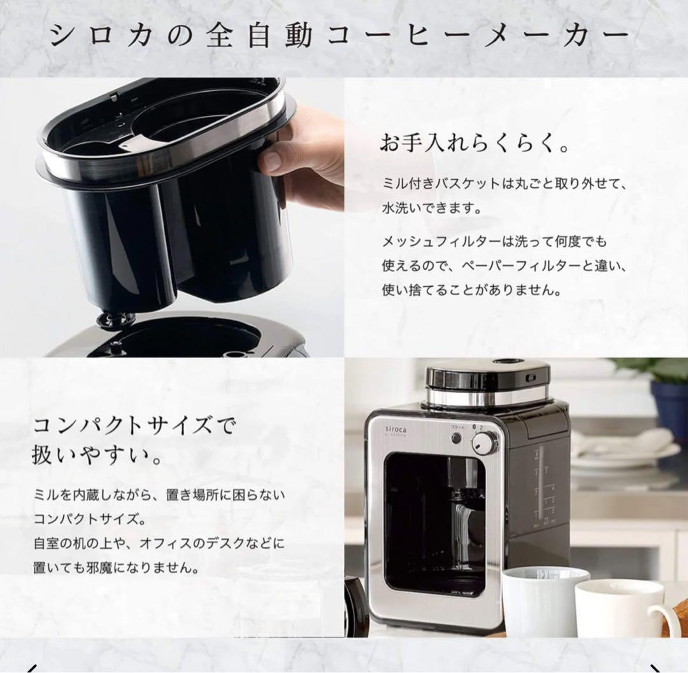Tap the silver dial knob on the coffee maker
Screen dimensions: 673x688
[x=486, y=442]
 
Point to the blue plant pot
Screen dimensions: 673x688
[x=669, y=409]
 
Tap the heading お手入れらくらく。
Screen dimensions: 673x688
[x=475, y=143]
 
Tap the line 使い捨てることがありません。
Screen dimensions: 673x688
[x=472, y=290]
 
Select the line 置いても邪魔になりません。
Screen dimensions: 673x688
[x=115, y=567]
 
